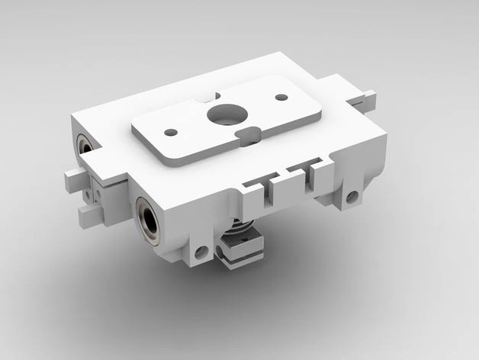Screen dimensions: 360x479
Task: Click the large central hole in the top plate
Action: tap(227, 115)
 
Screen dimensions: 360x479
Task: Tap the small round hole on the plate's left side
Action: tap(171, 132)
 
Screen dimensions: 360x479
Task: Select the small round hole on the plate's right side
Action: tap(281, 98)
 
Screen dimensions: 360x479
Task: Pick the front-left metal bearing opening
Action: tap(149, 220)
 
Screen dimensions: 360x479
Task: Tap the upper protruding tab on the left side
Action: tap(75, 180)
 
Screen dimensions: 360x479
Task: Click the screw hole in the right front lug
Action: tap(352, 198)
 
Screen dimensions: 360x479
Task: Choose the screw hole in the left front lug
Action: tap(201, 252)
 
